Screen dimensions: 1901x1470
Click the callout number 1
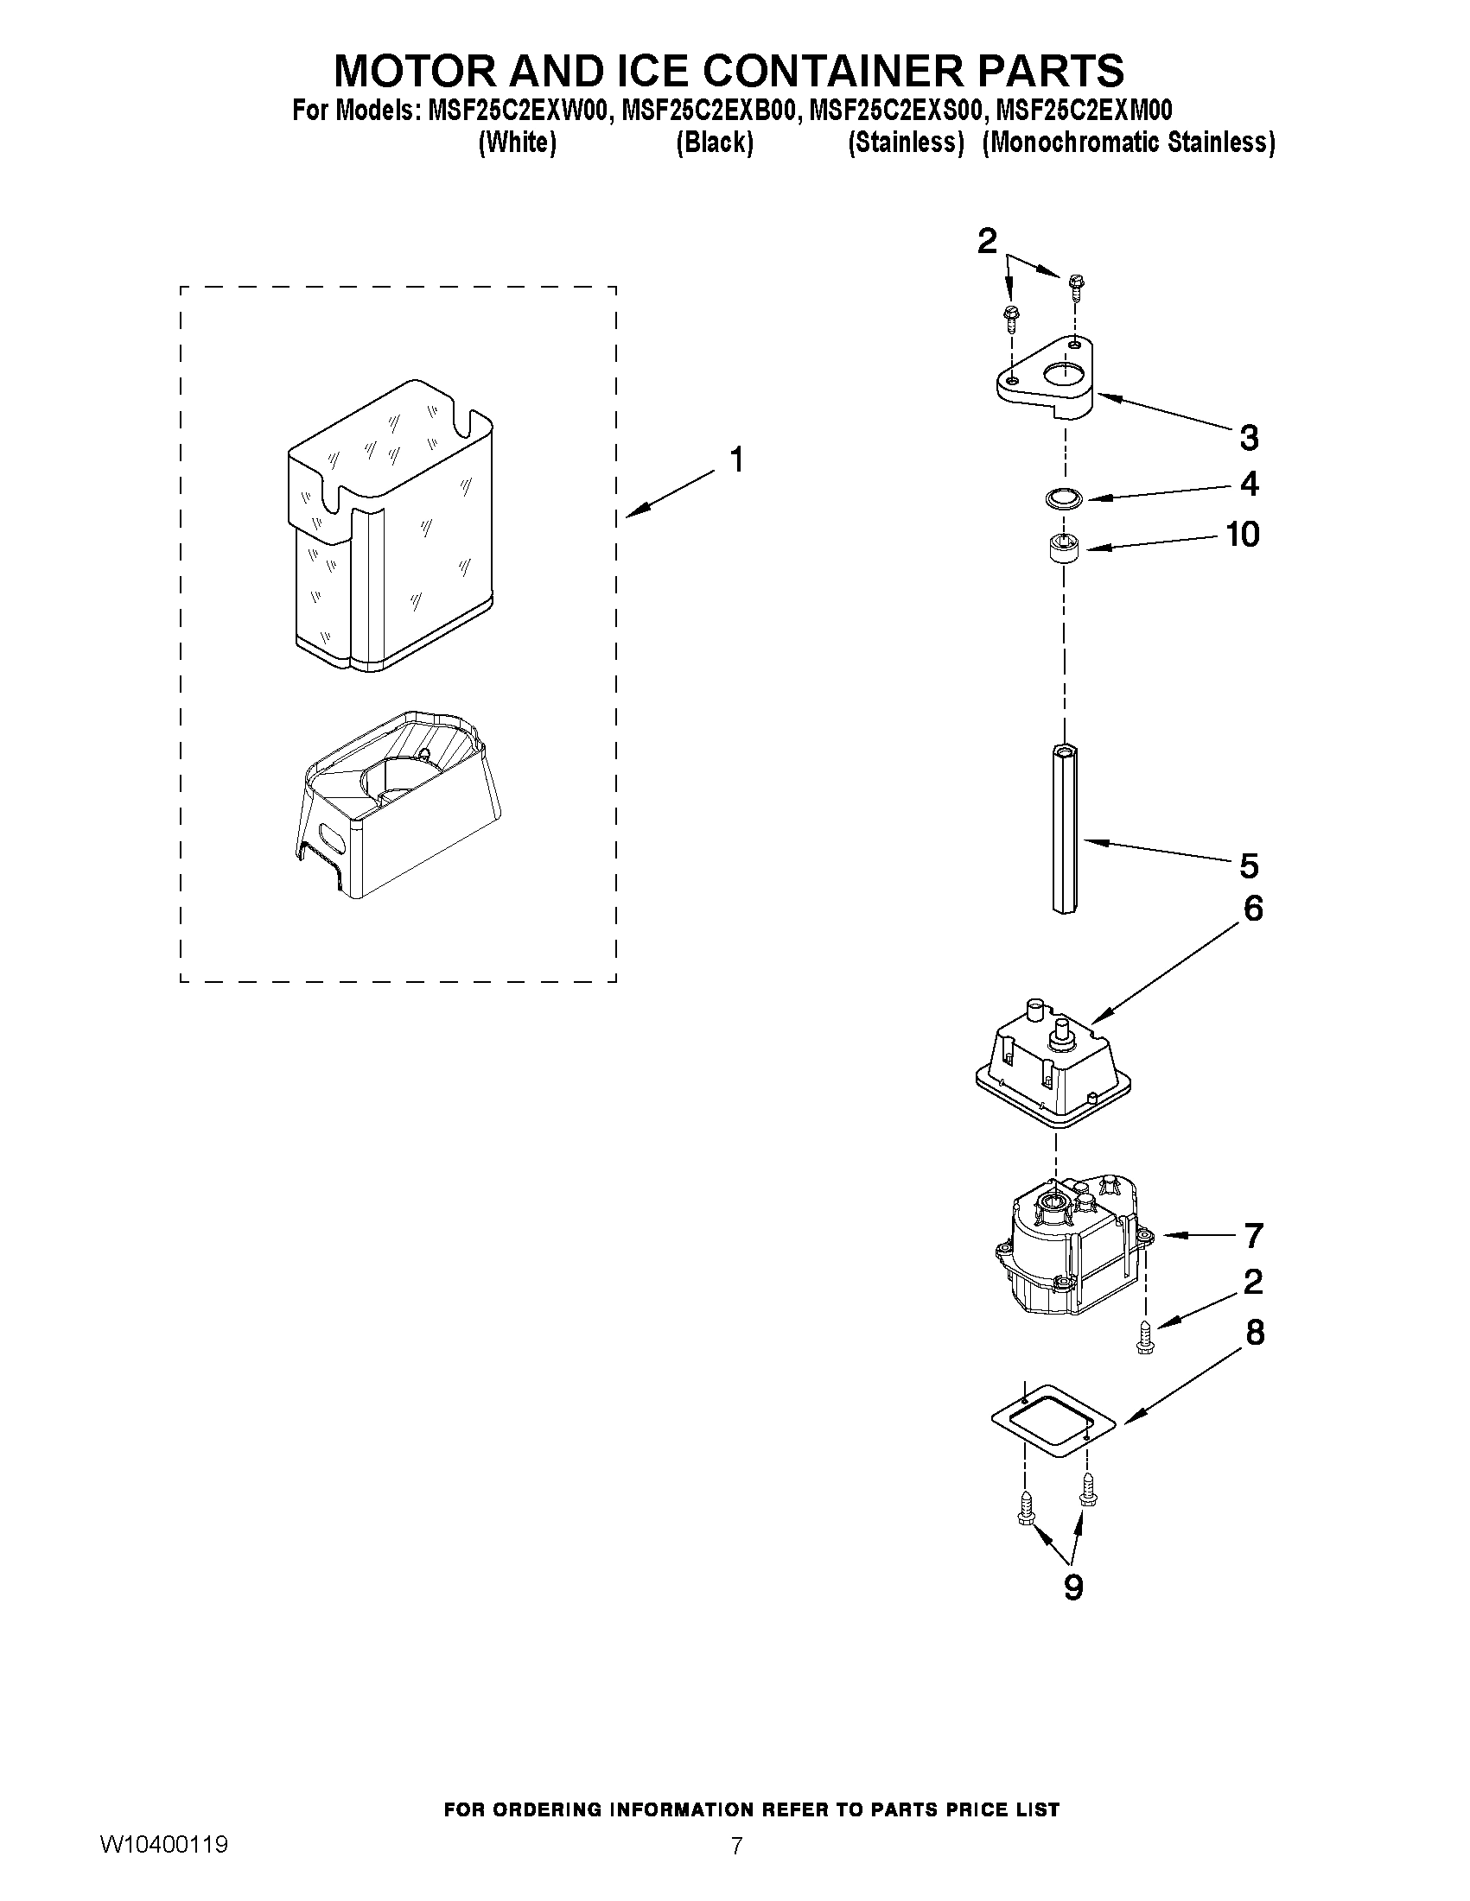[x=737, y=459]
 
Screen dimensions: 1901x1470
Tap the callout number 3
[x=1249, y=438]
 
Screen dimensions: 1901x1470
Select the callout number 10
[x=1243, y=534]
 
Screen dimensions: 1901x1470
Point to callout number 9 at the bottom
[x=1073, y=1587]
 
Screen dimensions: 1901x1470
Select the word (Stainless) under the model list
[x=906, y=142]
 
